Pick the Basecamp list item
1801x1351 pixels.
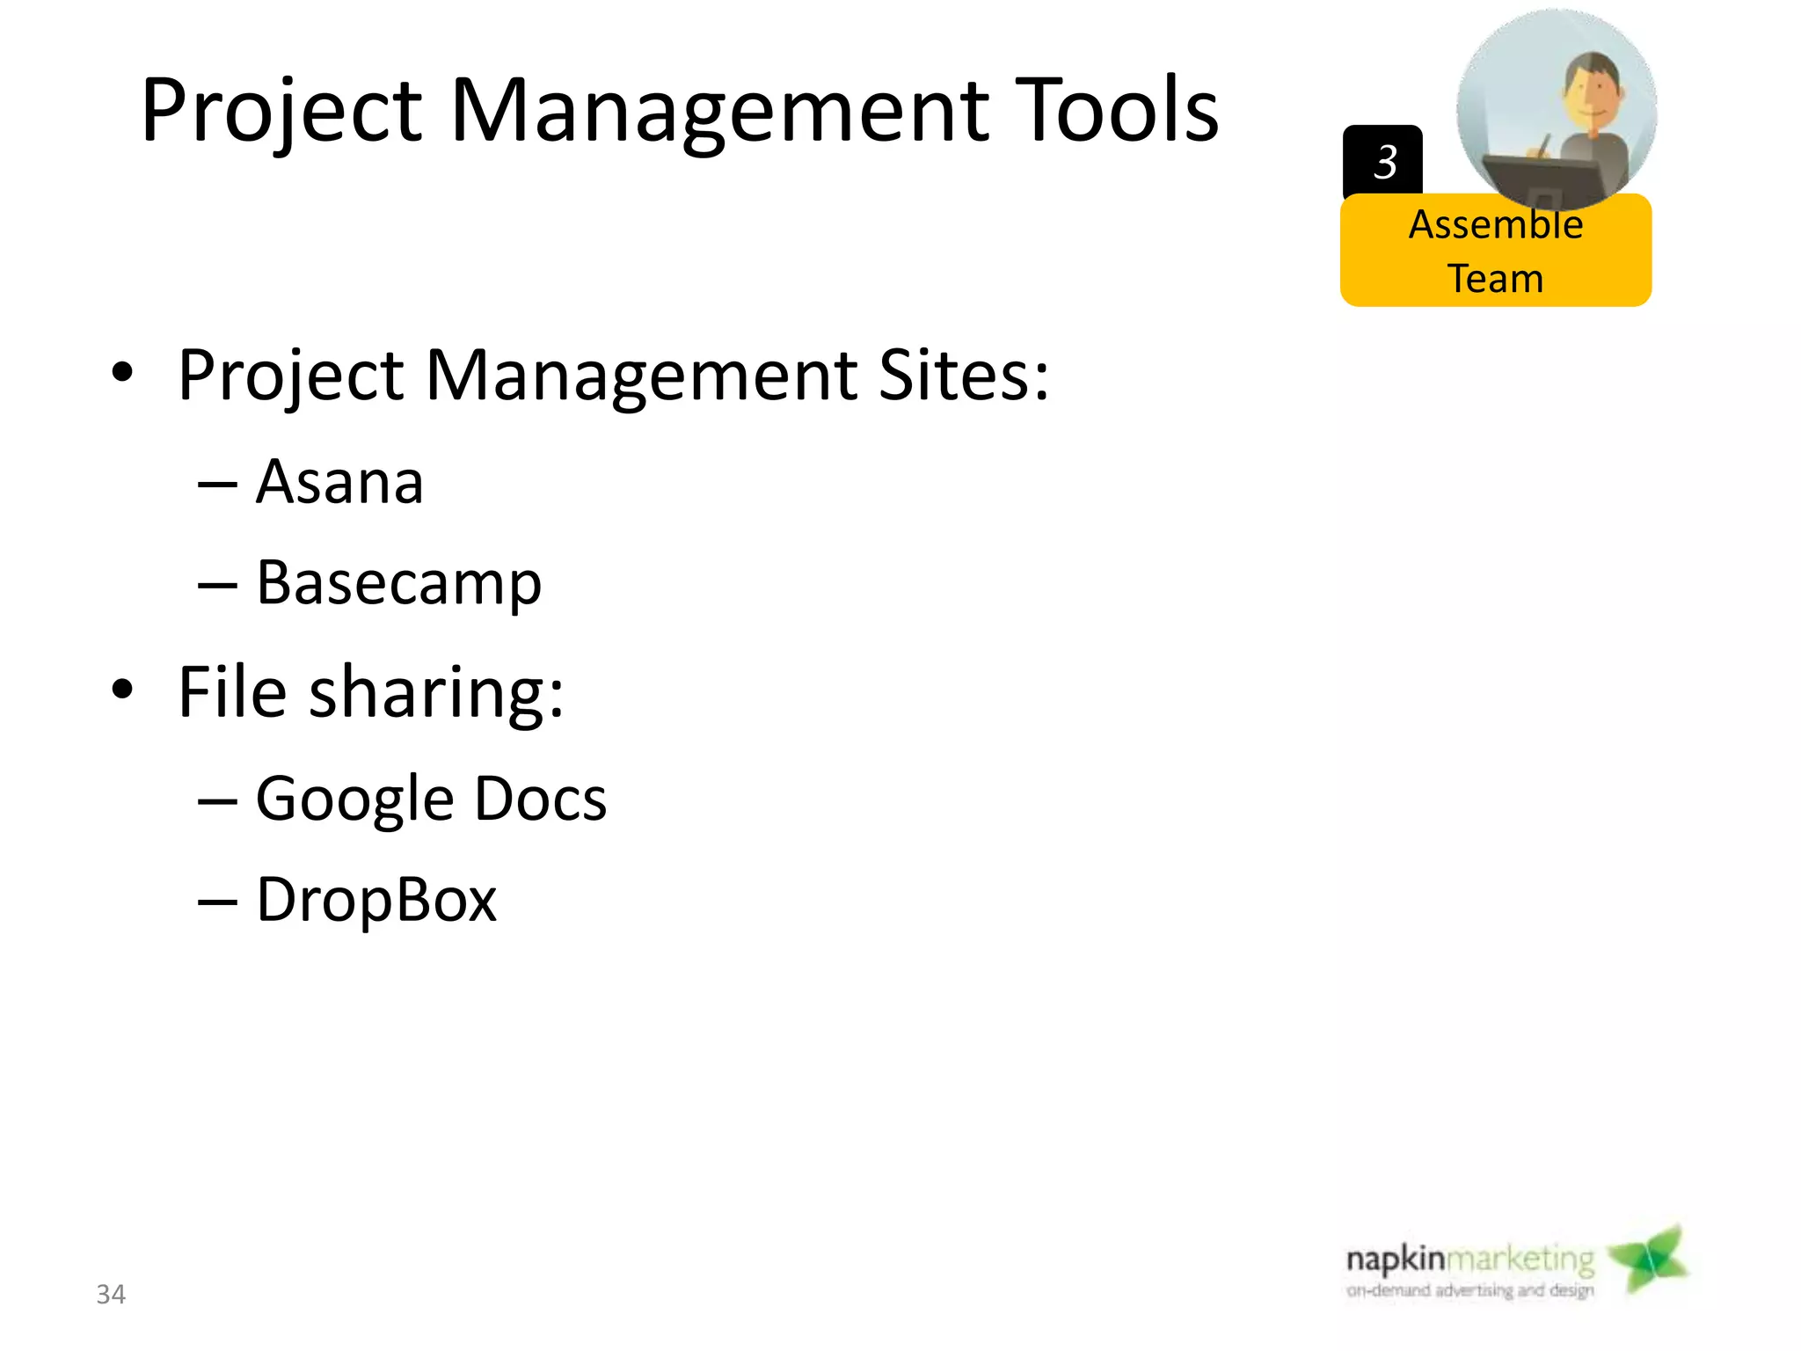click(398, 583)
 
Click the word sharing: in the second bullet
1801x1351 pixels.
click(436, 693)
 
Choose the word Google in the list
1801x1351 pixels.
click(354, 800)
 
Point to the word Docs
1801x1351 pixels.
click(541, 799)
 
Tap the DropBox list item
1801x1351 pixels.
click(376, 901)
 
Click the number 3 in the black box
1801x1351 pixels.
click(1385, 162)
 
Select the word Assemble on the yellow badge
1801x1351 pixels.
click(1496, 225)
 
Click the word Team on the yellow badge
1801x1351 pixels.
click(1495, 279)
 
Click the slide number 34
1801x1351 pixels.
click(111, 1294)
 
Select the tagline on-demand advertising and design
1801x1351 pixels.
click(1469, 1290)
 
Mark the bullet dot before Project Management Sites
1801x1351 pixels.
click(122, 373)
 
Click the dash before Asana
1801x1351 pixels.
click(217, 484)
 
